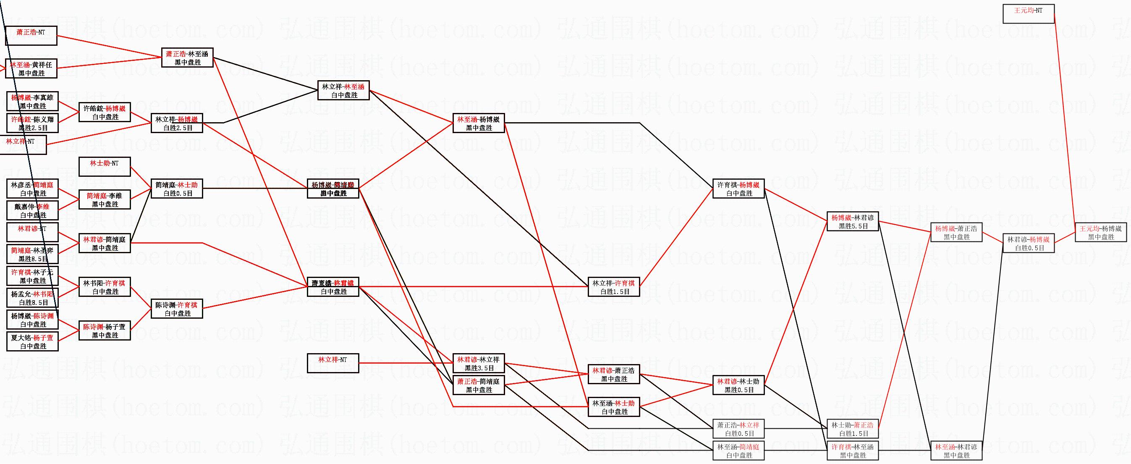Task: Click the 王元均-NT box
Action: pos(1028,13)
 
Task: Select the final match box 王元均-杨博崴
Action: pos(1101,232)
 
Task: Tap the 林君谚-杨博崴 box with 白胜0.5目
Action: pos(1028,243)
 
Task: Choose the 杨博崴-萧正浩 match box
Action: pos(956,232)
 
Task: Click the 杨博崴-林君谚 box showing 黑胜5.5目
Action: pos(853,221)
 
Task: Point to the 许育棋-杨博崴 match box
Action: pos(738,189)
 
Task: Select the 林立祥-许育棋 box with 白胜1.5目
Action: pos(614,287)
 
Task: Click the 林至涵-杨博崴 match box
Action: pos(479,123)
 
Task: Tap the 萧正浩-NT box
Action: pos(31,36)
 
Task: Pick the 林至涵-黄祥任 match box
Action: pos(31,68)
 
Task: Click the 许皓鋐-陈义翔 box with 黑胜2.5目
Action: pos(32,123)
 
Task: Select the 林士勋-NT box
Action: pos(105,167)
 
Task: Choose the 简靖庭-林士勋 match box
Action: pos(177,189)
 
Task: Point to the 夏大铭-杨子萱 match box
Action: pos(32,341)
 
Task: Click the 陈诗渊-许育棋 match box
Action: pos(177,309)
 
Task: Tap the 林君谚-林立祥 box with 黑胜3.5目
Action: pos(479,364)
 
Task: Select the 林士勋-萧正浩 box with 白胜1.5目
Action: pos(853,429)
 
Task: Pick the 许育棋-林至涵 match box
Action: pos(853,451)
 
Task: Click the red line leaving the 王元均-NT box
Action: pos(1065,118)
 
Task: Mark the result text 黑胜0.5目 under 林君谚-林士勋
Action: pos(738,390)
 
